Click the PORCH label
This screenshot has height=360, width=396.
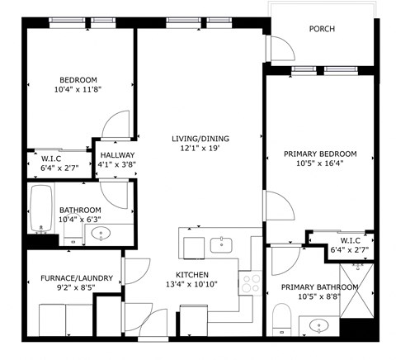tap(322, 29)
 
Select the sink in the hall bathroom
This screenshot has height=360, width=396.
tap(101, 234)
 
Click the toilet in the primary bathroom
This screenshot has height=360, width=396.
tap(280, 317)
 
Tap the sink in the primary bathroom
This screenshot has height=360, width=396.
tap(319, 326)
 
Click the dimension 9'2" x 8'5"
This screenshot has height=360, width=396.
tap(69, 289)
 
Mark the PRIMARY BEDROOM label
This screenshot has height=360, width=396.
tap(319, 154)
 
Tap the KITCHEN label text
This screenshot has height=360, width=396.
tap(191, 275)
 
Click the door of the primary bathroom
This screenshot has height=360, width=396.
tap(285, 263)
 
